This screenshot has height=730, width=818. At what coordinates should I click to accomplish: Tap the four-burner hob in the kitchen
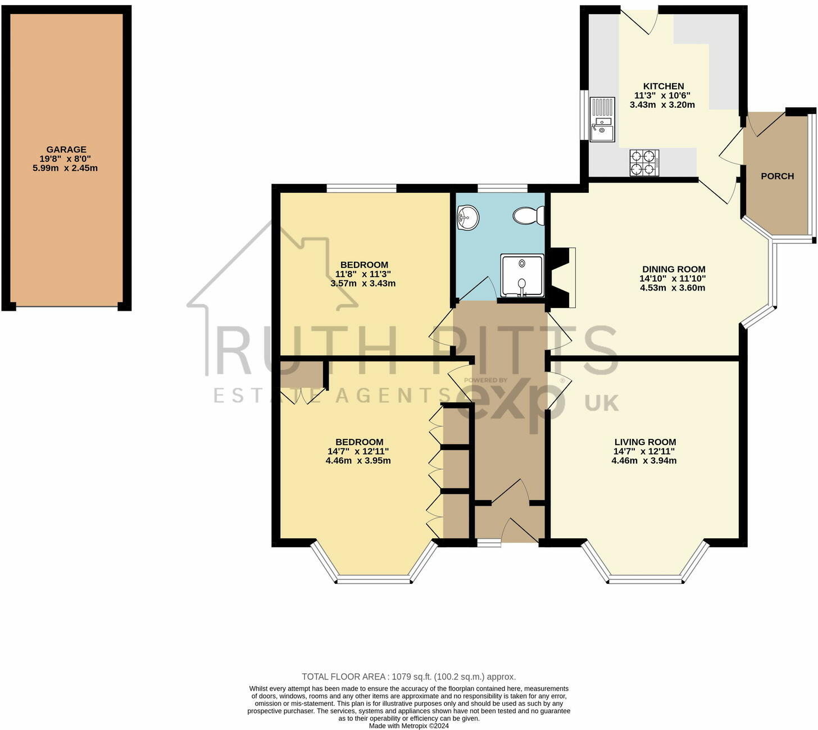coord(644,162)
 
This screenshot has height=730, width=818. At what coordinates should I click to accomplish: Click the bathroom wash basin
coord(467,217)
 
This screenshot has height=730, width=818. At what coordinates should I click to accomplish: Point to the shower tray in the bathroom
coord(522,275)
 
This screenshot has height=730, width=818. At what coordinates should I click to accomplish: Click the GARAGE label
coord(66,149)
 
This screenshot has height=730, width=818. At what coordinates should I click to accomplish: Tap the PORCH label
coord(777,176)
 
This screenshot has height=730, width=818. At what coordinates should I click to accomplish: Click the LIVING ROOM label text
coord(644,442)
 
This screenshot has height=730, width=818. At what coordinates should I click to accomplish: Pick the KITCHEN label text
coord(664,87)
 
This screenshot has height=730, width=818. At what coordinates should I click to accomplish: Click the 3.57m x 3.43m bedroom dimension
coord(363,283)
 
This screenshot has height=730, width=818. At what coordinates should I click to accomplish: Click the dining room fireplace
coord(563,278)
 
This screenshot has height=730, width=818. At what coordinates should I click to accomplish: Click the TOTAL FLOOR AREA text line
coord(408,677)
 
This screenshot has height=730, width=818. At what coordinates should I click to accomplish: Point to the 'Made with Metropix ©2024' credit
coord(408,726)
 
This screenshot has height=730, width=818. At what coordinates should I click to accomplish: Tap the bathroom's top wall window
coord(502,188)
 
